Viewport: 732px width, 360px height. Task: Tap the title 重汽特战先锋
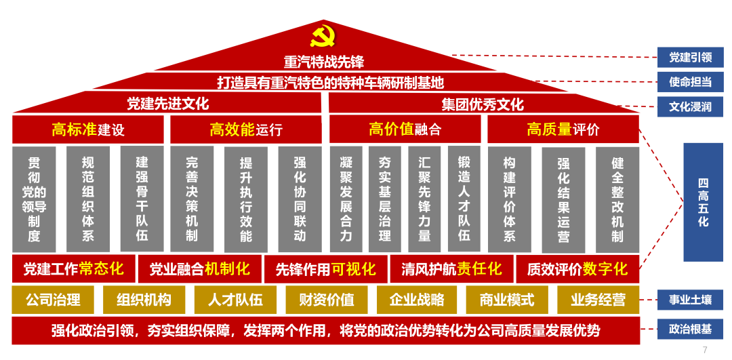pos(324,62)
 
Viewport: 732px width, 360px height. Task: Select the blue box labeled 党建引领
pos(690,57)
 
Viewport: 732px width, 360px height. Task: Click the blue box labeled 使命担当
pos(690,82)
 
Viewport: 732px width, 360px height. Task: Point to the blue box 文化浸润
pos(690,106)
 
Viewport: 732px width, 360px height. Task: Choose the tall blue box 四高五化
pos(703,202)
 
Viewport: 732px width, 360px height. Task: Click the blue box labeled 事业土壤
pos(690,299)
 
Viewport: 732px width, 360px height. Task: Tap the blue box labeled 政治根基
pos(690,329)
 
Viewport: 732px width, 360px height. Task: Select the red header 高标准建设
pos(88,129)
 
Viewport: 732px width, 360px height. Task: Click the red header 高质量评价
pos(563,129)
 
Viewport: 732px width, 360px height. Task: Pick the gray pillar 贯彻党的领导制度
pos(34,199)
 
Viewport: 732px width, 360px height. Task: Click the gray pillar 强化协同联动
pos(300,199)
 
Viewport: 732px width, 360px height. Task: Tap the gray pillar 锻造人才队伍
pos(464,199)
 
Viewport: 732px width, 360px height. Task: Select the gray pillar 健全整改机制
pos(617,199)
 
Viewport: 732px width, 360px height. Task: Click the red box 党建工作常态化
pos(73,269)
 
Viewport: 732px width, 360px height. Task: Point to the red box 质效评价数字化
pos(577,269)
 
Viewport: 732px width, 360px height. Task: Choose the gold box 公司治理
pos(53,300)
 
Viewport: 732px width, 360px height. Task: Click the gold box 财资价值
pos(326,300)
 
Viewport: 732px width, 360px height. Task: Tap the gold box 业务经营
pos(598,300)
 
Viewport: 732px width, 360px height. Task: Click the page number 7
pos(705,350)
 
